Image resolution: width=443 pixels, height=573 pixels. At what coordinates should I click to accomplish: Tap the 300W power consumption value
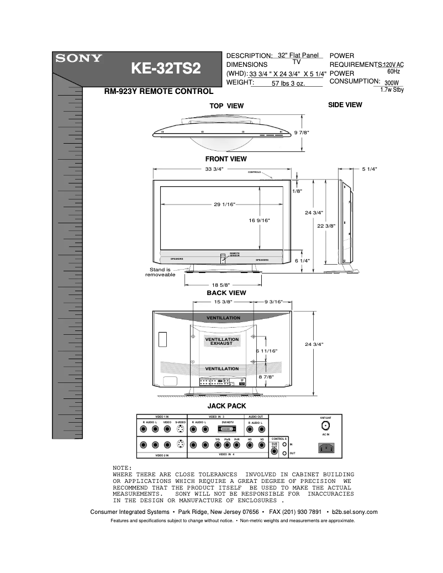pyautogui.click(x=392, y=82)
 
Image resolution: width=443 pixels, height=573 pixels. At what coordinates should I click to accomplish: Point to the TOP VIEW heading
pyautogui.click(x=226, y=106)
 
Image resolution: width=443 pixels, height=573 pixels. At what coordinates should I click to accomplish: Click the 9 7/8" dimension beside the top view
pyautogui.click(x=302, y=133)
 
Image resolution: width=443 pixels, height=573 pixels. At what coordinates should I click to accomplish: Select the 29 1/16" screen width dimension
pyautogui.click(x=225, y=205)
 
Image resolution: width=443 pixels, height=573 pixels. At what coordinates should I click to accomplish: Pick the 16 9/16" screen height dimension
pyautogui.click(x=259, y=220)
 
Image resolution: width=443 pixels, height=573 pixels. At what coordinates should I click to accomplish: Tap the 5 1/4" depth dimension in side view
pyautogui.click(x=369, y=169)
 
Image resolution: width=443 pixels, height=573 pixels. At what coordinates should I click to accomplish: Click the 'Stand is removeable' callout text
pyautogui.click(x=160, y=272)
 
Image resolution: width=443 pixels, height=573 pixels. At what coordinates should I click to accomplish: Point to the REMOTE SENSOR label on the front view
pyautogui.click(x=234, y=255)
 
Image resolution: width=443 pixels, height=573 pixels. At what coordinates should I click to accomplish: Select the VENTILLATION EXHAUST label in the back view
pyautogui.click(x=221, y=341)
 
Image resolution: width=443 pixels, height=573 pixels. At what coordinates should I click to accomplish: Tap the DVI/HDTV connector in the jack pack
pyautogui.click(x=228, y=429)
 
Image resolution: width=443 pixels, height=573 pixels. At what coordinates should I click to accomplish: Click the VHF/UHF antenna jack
pyautogui.click(x=326, y=426)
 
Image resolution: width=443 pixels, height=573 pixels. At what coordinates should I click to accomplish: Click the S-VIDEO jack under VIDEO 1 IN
pyautogui.click(x=181, y=429)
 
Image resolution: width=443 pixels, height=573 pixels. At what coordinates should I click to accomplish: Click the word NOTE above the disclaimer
pyautogui.click(x=122, y=467)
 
